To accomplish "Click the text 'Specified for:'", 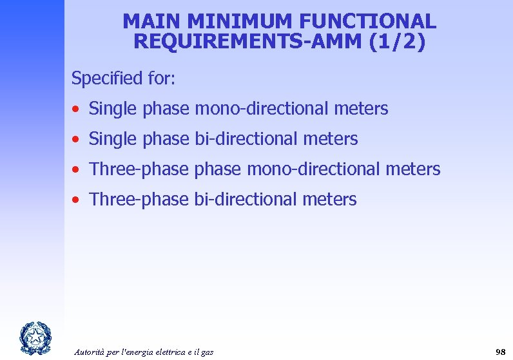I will (124, 79).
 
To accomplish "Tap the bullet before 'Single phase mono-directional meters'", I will (76, 109).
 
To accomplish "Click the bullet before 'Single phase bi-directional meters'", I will (76, 139).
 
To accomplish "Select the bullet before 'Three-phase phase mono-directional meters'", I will (76, 169).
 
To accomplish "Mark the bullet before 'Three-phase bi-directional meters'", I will (76, 200).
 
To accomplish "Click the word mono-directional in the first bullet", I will (262, 109).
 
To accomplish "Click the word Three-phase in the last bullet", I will (139, 199).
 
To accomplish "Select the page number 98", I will (500, 352).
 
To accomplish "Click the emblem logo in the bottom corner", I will (33, 337).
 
